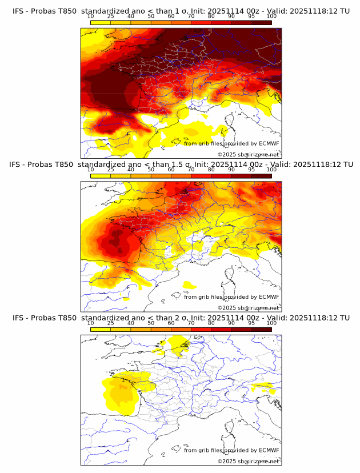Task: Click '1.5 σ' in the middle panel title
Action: coord(184,165)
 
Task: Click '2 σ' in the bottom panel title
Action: coord(182,318)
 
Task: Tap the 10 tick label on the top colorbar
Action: coord(91,17)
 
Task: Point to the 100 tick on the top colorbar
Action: coord(271,17)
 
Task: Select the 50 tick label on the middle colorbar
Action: coord(151,170)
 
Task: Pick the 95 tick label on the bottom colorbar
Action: coord(251,323)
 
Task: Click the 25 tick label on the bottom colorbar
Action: coord(111,323)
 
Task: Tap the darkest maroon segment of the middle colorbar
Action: coord(262,175)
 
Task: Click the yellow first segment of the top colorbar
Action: coord(101,22)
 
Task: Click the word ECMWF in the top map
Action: coord(269,144)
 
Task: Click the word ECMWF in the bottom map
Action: coord(269,450)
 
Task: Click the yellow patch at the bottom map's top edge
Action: coord(178,344)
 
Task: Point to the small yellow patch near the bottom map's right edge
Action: coord(265,388)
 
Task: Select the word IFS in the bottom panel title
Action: coord(18,318)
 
